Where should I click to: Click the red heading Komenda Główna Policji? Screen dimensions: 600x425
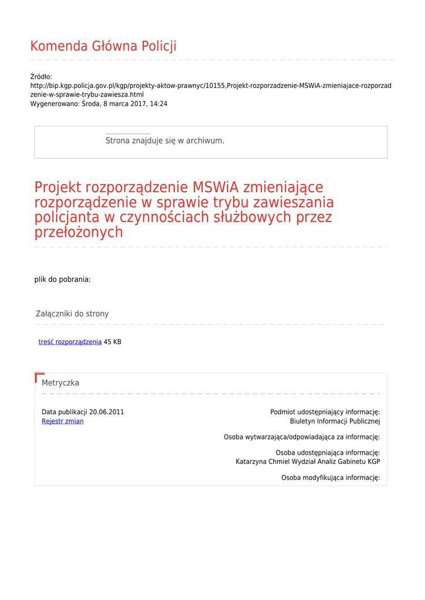coord(103,46)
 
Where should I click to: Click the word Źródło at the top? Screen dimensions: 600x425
coord(41,77)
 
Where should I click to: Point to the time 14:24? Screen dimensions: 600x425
coord(158,104)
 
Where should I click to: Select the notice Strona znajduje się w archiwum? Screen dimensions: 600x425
coord(165,141)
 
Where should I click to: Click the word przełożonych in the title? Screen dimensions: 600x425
coord(79,232)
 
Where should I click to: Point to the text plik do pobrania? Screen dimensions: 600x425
coord(62,279)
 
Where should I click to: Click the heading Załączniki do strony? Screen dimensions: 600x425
coord(72,314)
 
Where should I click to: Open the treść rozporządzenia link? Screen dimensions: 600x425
coord(70,342)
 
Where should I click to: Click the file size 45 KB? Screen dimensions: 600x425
coord(113,342)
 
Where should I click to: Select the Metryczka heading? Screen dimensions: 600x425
coord(60,383)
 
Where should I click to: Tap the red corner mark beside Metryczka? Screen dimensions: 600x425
coord(39,376)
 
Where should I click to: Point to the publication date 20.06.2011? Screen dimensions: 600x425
coord(107,412)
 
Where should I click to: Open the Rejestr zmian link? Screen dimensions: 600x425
coord(62,421)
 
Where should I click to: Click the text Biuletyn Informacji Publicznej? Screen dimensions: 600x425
coord(335,421)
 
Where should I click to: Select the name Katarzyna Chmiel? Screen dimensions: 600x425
coord(262,462)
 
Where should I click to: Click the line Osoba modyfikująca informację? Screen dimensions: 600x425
coord(331,478)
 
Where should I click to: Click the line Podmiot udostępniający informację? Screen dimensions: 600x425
coord(325,412)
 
